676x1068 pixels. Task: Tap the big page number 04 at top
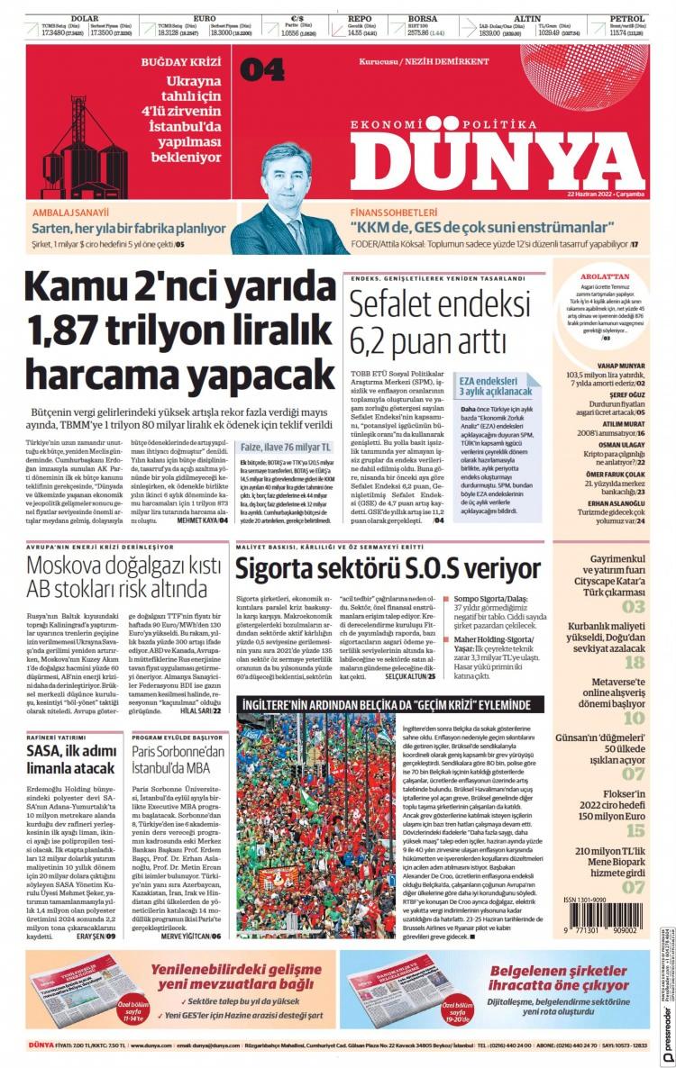coord(262,69)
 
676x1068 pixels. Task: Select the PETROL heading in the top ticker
coord(626,18)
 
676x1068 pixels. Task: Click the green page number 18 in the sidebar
coord(635,662)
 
